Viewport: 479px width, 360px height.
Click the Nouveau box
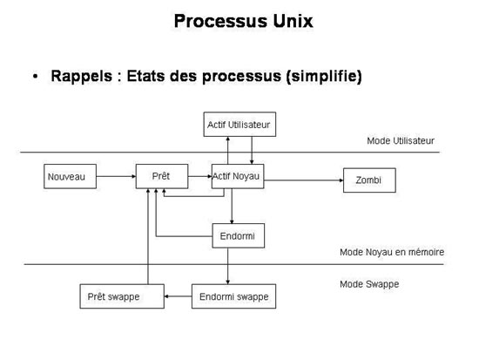[x=70, y=176]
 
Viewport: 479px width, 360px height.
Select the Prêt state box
[x=162, y=176]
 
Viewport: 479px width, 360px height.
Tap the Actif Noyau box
[x=238, y=176]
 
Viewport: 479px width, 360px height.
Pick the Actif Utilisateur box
[x=239, y=124]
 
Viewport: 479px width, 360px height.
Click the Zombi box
[x=369, y=180]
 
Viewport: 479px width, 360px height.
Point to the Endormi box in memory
[x=239, y=236]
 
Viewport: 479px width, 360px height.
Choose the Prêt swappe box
[x=122, y=296]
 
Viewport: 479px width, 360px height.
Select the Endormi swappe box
[x=233, y=296]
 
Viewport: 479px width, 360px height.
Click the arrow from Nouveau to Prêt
[x=116, y=176]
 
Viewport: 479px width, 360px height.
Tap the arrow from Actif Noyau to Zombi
[x=304, y=180]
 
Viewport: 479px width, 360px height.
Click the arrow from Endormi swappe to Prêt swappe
[x=178, y=296]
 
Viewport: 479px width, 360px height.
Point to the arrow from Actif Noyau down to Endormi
[x=232, y=207]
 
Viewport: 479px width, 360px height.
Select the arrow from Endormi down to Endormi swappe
[x=227, y=266]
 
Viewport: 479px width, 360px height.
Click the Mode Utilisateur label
[x=401, y=140]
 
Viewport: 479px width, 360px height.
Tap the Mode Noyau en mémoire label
[x=392, y=252]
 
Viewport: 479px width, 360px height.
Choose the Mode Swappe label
[x=369, y=284]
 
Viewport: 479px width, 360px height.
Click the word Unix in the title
[x=293, y=21]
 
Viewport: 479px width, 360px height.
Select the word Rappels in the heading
[x=82, y=76]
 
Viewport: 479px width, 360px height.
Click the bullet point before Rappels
[x=36, y=76]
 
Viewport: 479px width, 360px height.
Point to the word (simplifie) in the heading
[x=324, y=76]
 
